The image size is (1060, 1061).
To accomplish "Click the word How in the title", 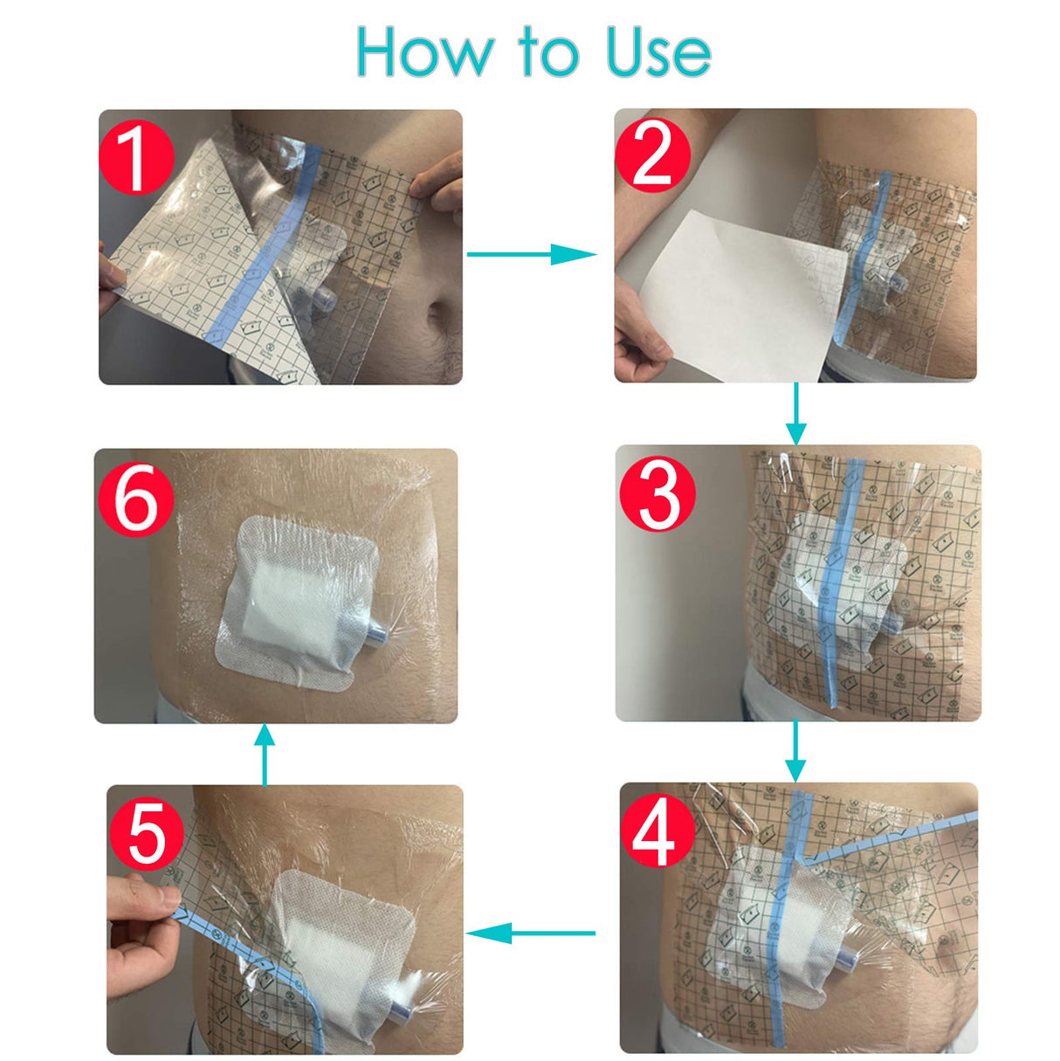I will click(x=424, y=52).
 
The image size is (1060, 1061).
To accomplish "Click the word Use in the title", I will click(x=658, y=52).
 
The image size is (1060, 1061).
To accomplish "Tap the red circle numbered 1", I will click(x=135, y=157).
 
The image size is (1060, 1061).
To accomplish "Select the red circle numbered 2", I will click(x=652, y=155).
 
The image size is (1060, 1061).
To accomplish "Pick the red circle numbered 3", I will click(x=657, y=494).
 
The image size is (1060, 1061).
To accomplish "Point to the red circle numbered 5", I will click(x=146, y=834).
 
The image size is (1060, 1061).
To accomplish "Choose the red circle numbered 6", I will click(x=135, y=499).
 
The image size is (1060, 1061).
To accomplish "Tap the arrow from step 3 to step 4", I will click(x=795, y=751).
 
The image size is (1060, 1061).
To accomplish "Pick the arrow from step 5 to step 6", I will click(x=265, y=754).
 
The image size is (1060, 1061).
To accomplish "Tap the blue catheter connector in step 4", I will click(x=848, y=959).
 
